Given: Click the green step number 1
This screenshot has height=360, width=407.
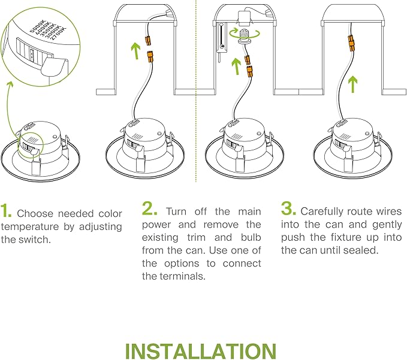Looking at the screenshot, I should coord(7,210).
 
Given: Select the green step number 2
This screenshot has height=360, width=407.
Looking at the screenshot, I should coord(150,208).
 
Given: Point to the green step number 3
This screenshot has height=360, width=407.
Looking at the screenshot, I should coord(288,208).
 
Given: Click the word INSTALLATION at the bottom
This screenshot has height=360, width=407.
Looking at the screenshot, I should coord(201,351).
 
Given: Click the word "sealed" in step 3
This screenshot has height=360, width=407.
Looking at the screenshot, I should coord(361,250).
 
